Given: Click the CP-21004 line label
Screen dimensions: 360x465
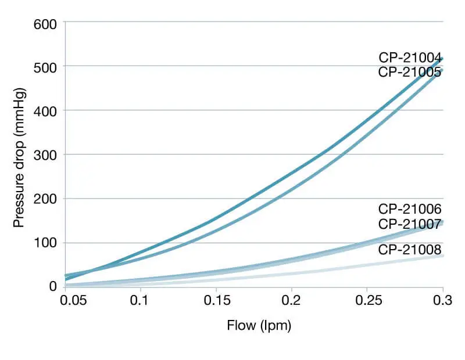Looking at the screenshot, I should [x=410, y=57].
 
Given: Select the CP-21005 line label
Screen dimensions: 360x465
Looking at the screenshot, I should [x=410, y=72].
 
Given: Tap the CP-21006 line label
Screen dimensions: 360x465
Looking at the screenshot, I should [x=410, y=209].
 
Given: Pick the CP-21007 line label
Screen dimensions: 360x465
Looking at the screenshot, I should [x=410, y=224].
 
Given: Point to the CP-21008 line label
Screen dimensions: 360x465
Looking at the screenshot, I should [x=410, y=250].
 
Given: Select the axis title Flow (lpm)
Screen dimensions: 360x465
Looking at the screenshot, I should [x=259, y=326].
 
